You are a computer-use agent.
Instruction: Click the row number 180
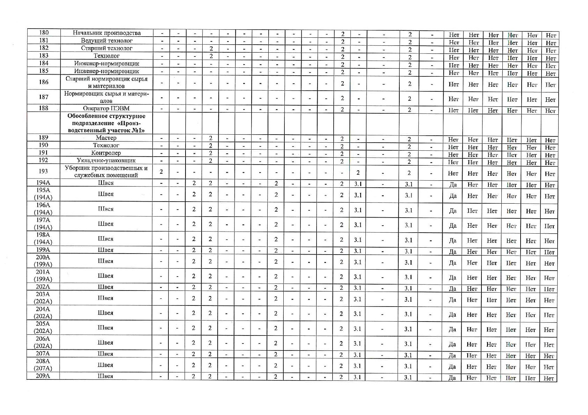44,33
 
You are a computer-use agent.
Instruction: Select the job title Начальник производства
107,33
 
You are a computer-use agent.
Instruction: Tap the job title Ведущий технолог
107,41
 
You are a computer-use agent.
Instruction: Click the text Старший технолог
107,48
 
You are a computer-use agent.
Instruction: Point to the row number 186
44,82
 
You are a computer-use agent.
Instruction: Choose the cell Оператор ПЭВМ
106,108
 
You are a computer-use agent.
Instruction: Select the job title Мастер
106,138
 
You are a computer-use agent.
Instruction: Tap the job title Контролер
106,153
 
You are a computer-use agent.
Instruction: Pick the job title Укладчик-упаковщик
106,160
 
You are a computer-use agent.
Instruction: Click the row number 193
43,171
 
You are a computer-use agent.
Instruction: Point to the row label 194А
43,182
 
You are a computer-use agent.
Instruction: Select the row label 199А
43,250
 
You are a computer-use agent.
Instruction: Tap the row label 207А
43,354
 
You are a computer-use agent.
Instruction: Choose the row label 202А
43,287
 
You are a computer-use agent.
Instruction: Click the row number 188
44,108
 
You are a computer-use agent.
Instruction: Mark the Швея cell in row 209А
106,376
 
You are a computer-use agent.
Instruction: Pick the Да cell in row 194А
453,185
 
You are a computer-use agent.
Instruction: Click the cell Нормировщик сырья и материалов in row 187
106,97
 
